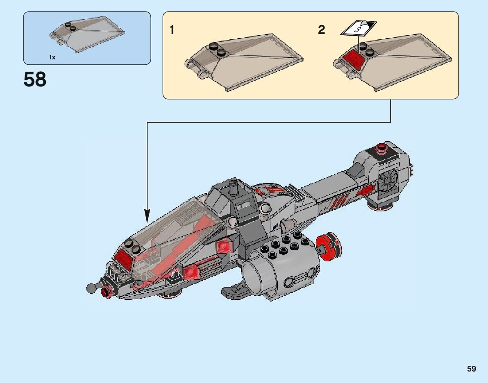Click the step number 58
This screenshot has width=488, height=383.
pos(35,79)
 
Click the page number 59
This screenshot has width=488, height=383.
pos(471,369)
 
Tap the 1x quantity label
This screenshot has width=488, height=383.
pos(52,57)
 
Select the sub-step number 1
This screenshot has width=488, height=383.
pos(172,30)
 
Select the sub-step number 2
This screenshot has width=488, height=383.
pos(322,30)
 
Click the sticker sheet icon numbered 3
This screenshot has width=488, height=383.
pos(359,29)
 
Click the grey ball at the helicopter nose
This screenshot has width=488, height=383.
pos(91,288)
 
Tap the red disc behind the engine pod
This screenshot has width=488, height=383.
pos(331,246)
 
